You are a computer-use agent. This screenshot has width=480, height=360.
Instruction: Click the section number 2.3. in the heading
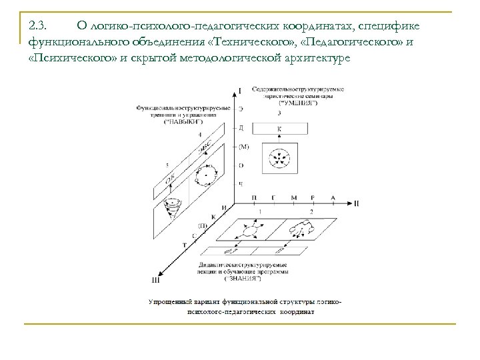(x=37, y=25)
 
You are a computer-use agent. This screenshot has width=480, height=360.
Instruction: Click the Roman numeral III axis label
(x=157, y=280)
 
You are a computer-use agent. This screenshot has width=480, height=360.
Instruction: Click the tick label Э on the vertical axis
(x=241, y=108)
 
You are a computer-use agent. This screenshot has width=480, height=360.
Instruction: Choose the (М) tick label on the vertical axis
(x=243, y=146)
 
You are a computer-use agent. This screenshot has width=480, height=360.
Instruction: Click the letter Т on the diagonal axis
(x=184, y=246)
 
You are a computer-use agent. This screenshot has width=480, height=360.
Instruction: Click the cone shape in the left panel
(x=175, y=207)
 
